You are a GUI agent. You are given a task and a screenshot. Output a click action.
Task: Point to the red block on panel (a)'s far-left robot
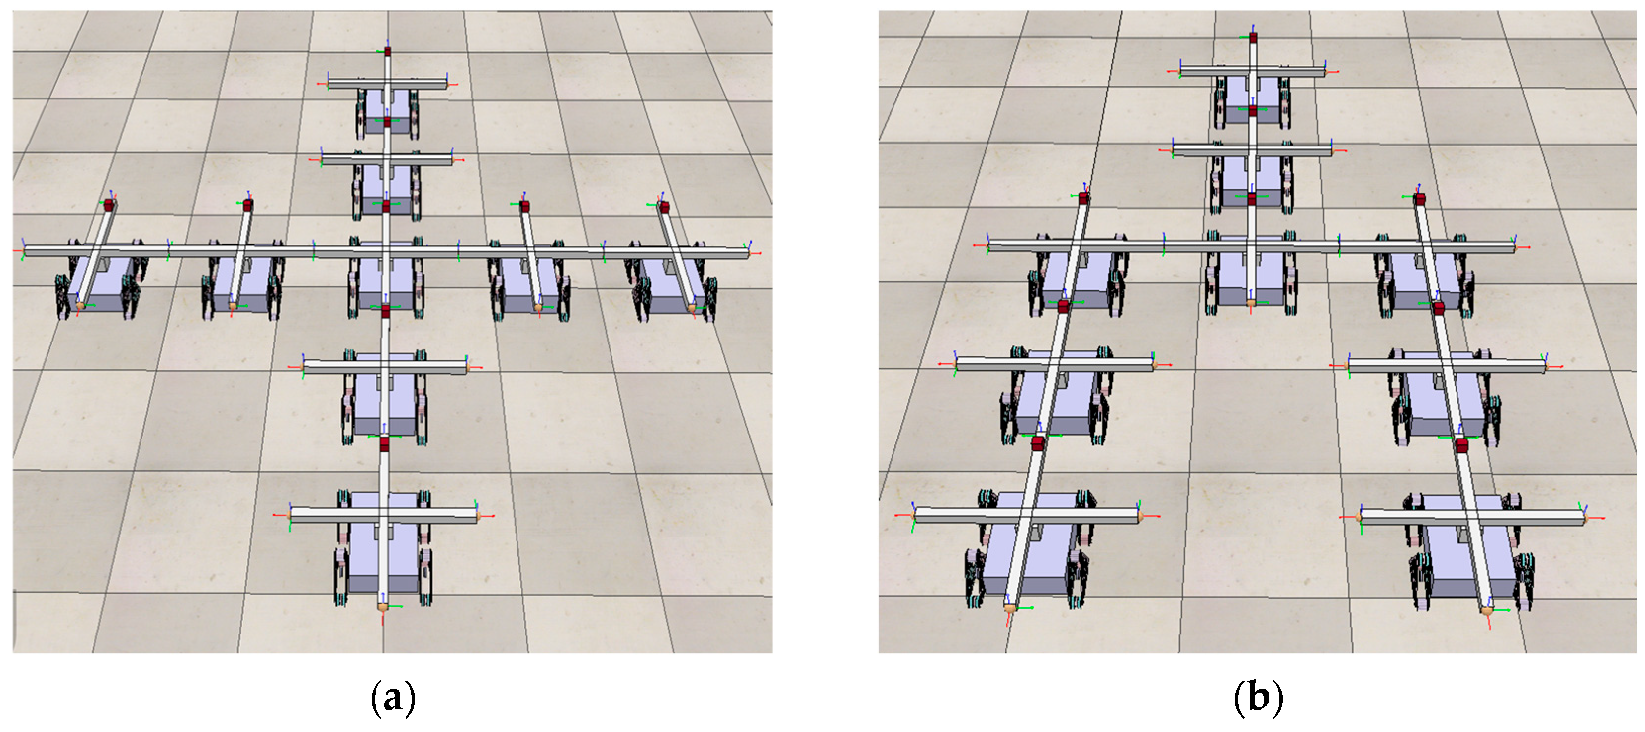click(108, 205)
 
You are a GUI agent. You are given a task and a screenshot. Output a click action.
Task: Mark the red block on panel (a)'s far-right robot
click(664, 207)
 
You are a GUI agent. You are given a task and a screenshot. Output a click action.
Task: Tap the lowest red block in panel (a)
click(384, 444)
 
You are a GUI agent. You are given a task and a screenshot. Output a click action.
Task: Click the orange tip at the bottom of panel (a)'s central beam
click(382, 605)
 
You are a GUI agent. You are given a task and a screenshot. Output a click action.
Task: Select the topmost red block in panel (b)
click(1253, 38)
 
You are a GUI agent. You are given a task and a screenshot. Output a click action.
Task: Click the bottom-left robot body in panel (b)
click(1028, 549)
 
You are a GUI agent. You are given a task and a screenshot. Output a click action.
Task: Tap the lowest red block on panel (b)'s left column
click(1037, 443)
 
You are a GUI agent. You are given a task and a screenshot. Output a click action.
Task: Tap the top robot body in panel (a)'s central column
click(387, 112)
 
